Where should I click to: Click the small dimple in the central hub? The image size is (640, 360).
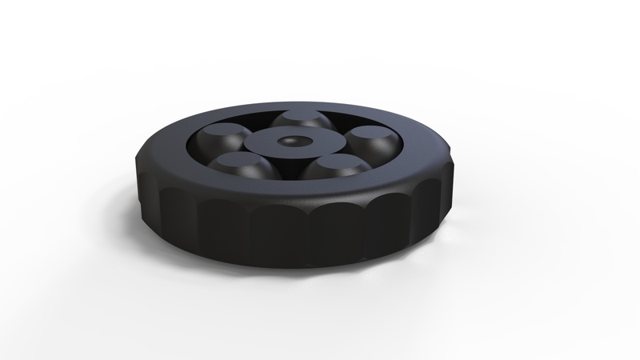coord(289,141)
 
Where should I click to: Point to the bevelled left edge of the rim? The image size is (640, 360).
coord(148,155)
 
